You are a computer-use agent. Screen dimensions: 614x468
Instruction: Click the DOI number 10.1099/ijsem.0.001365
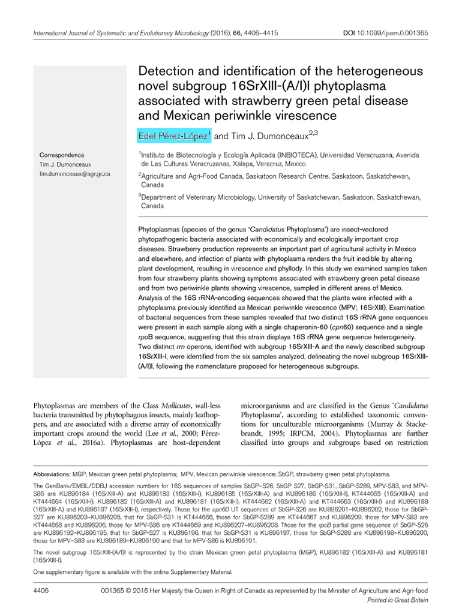[x=398, y=34]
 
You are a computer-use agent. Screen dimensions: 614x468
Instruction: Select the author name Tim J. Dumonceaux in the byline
[x=269, y=137]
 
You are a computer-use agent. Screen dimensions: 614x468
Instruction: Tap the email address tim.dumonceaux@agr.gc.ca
[x=74, y=174]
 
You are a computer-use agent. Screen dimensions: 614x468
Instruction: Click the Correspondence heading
[x=62, y=155]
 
